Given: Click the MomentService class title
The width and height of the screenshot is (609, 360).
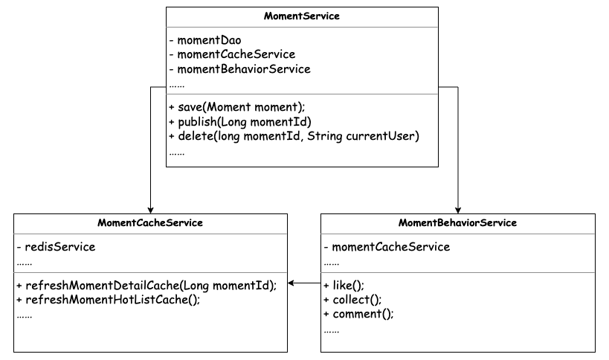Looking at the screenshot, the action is pyautogui.click(x=302, y=16).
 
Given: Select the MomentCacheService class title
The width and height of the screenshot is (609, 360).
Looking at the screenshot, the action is pyautogui.click(x=150, y=222).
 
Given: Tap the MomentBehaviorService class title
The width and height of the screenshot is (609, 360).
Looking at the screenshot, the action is pyautogui.click(x=457, y=222).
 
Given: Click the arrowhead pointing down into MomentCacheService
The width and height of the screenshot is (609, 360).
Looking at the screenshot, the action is pyautogui.click(x=151, y=210).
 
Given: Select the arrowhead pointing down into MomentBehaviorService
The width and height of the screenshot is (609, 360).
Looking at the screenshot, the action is pyautogui.click(x=458, y=210).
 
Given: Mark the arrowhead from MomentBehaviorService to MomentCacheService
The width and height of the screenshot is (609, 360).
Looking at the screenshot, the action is pyautogui.click(x=291, y=283).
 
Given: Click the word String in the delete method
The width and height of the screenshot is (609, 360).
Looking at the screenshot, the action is pyautogui.click(x=325, y=136).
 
